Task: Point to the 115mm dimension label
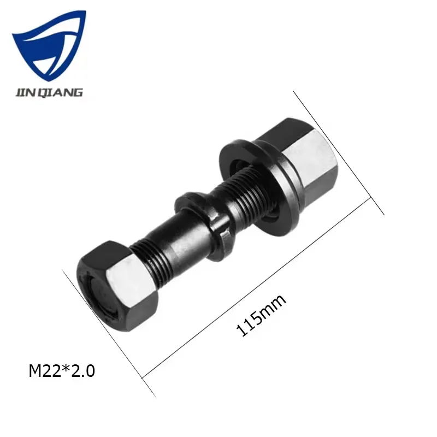pos(261,315)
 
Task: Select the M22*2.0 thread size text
pos(62,371)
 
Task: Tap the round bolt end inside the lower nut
pos(101,298)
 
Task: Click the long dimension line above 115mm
pos(262,290)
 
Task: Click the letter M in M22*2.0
pos(35,371)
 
